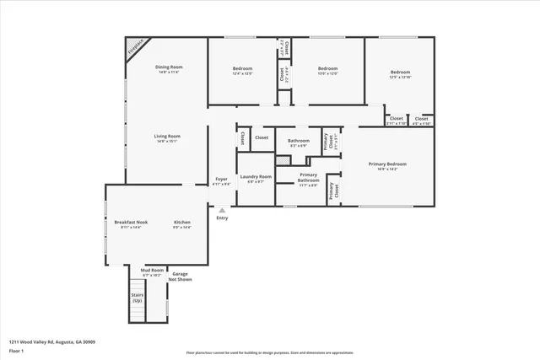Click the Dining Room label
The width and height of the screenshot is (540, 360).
(x=170, y=69)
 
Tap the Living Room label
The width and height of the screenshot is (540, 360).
(x=167, y=138)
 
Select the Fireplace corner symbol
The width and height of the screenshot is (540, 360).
(x=135, y=47)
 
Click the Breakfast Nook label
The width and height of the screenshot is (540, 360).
(x=131, y=224)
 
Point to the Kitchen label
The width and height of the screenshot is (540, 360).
(x=182, y=224)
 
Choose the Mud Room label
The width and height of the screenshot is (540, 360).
(x=153, y=272)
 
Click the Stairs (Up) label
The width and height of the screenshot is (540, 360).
(x=137, y=298)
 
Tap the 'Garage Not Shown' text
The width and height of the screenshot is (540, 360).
(x=181, y=276)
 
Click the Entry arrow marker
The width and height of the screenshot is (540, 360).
(x=222, y=210)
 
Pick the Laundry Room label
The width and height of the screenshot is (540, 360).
(x=256, y=179)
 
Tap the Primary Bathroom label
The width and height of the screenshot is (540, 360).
(x=308, y=179)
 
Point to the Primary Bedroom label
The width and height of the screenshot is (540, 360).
(x=387, y=166)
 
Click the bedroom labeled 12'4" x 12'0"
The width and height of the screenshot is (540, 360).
(x=242, y=71)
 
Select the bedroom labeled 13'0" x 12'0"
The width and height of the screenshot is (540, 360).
(x=327, y=71)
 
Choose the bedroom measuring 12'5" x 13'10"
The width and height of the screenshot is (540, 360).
(x=400, y=74)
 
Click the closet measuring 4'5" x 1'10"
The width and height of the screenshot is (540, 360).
(x=421, y=121)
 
